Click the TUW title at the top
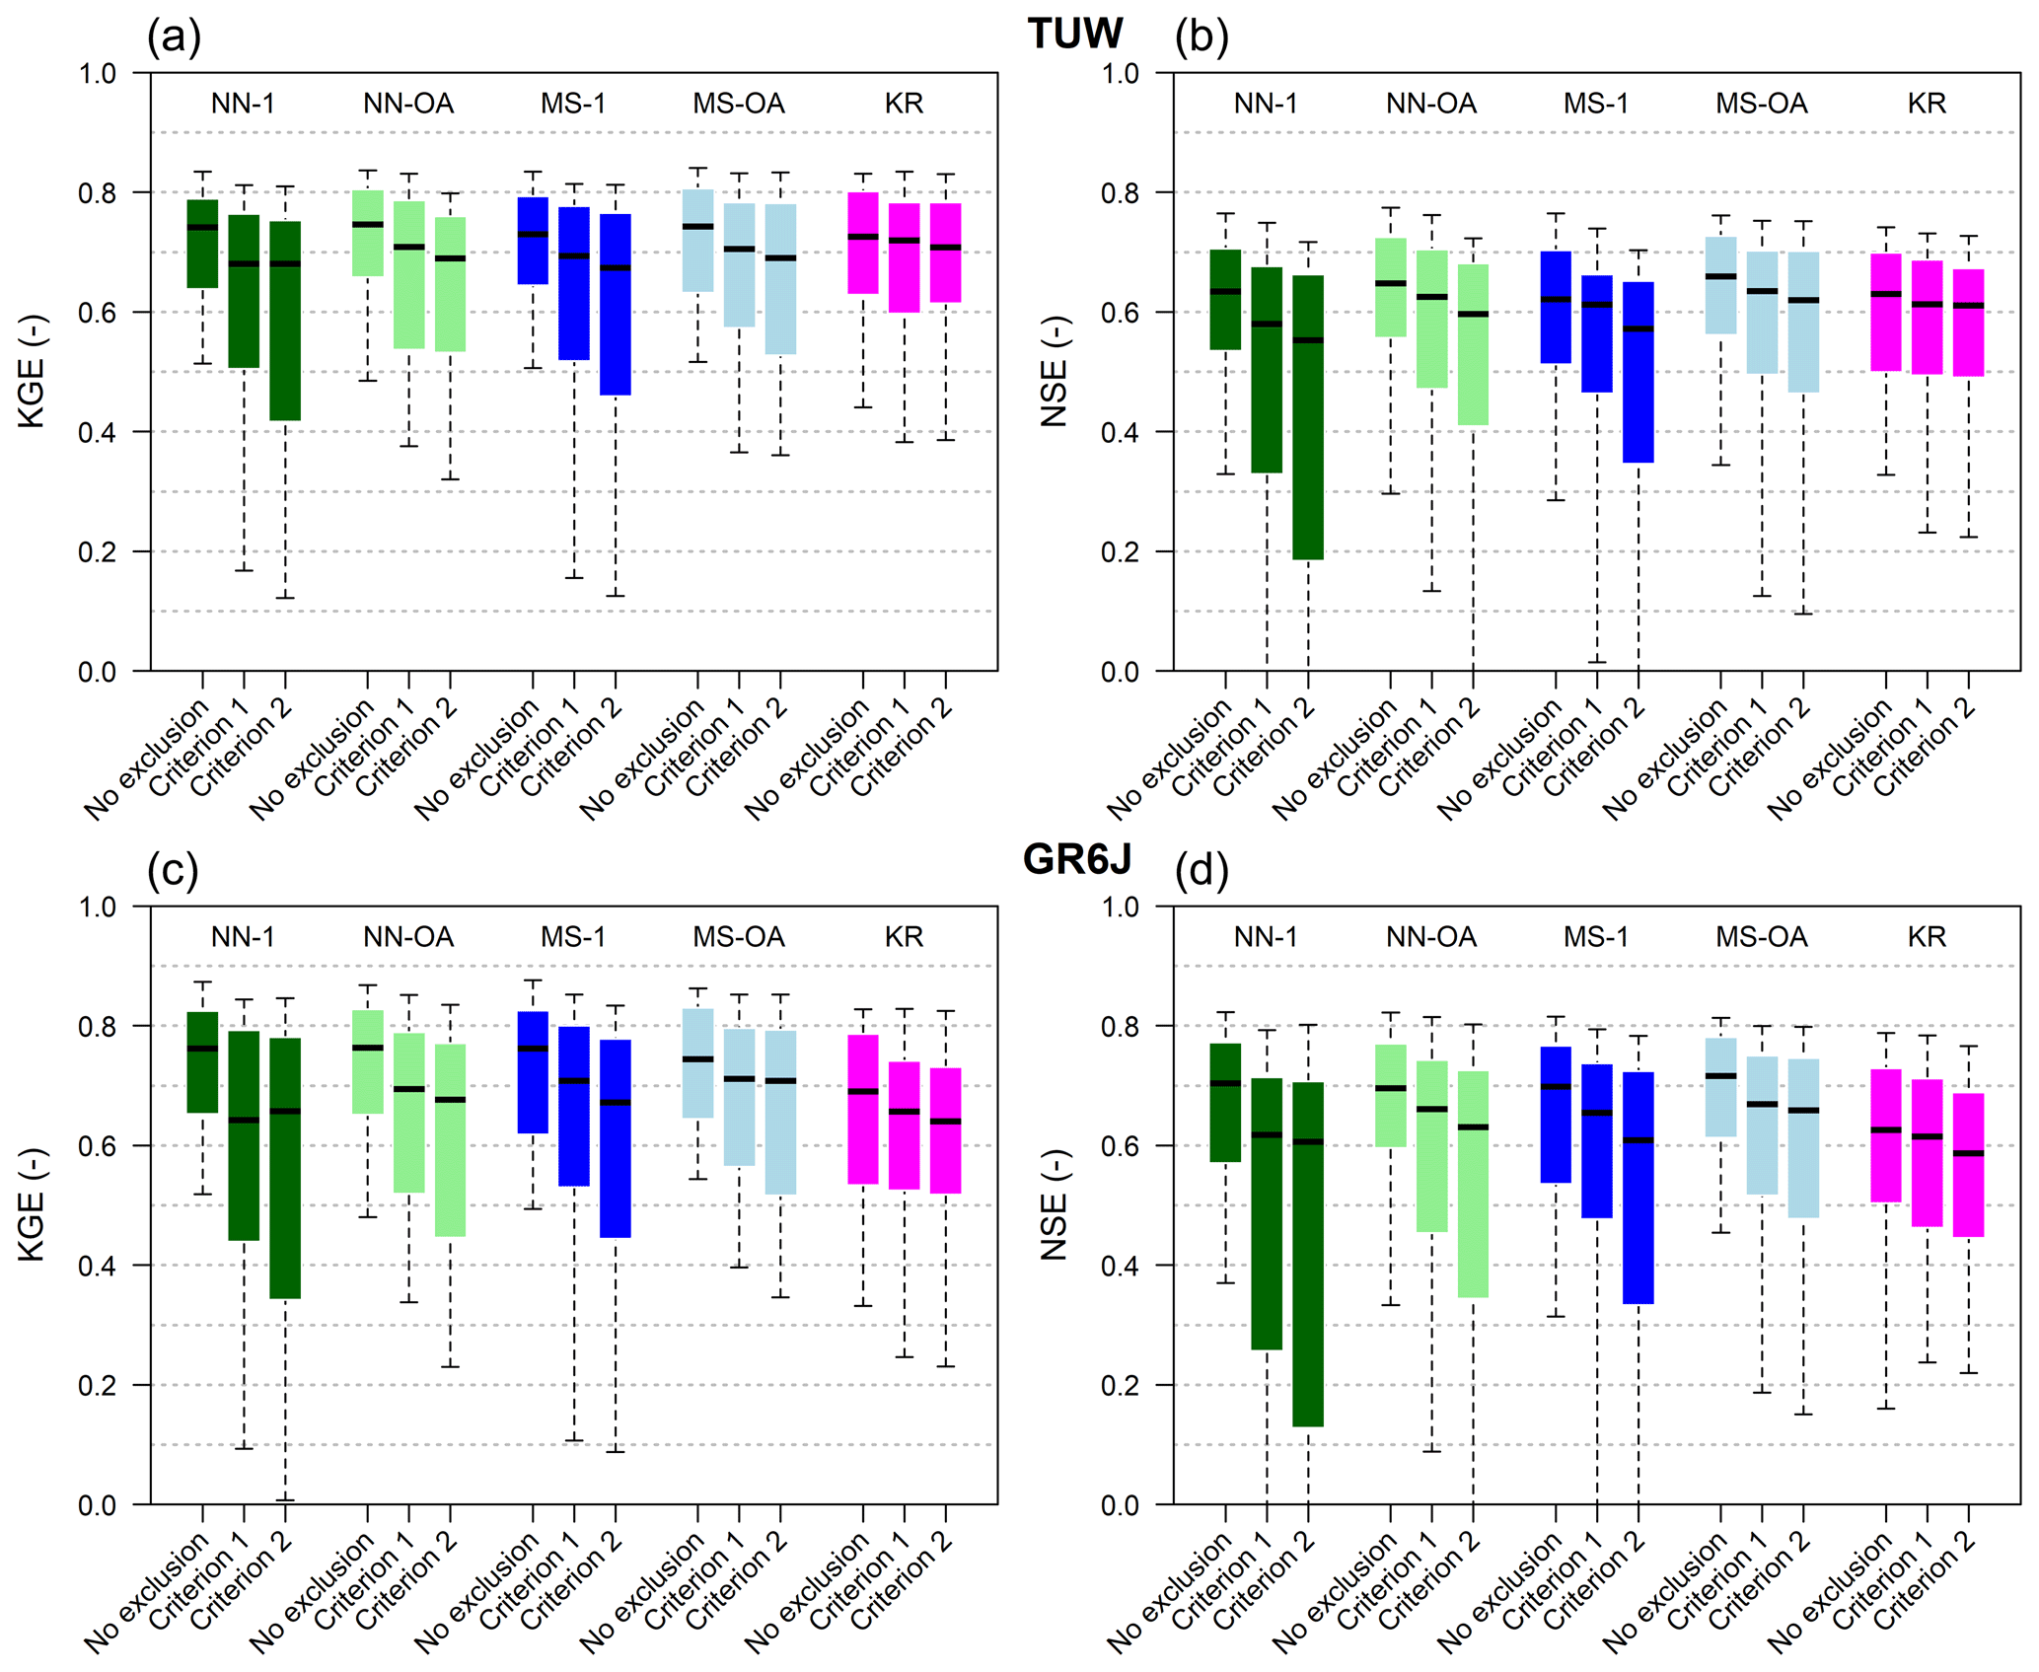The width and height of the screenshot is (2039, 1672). (x=1074, y=34)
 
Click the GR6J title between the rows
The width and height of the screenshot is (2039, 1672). (x=1076, y=859)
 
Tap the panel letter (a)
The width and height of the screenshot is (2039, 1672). (x=174, y=36)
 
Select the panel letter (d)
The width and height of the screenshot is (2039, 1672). (x=1201, y=870)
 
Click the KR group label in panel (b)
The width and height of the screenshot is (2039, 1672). (x=1926, y=104)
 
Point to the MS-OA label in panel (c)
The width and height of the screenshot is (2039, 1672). (x=738, y=936)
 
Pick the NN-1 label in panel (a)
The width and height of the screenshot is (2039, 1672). (x=243, y=104)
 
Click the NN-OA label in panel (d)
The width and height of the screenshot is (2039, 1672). (x=1430, y=936)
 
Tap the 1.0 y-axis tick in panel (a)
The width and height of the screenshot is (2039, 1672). (x=97, y=73)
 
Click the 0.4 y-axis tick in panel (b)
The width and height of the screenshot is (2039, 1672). (x=1120, y=432)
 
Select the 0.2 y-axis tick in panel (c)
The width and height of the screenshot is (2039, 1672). (x=97, y=1385)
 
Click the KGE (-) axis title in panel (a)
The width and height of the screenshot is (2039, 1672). (x=33, y=371)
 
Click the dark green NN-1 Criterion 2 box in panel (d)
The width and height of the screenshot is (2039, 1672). (x=1308, y=1254)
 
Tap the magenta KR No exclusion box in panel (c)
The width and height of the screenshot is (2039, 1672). (x=863, y=1109)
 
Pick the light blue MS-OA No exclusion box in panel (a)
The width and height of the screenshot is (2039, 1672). (x=698, y=241)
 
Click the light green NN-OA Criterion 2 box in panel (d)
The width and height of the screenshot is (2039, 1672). (x=1473, y=1184)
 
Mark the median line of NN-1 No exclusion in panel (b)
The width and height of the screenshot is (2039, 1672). (x=1225, y=292)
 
